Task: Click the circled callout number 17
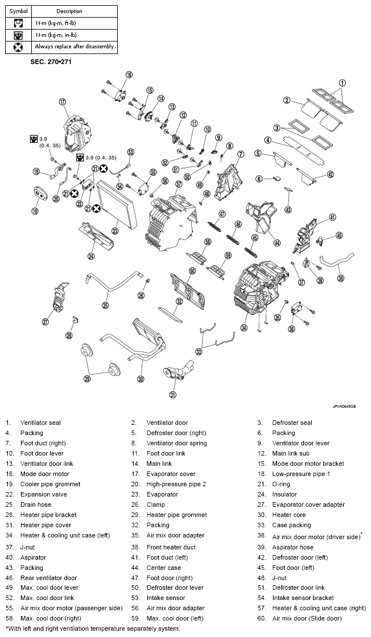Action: pyautogui.click(x=63, y=102)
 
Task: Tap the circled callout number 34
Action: pyautogui.click(x=244, y=327)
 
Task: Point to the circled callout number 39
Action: pyautogui.click(x=341, y=278)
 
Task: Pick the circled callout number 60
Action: pyautogui.click(x=192, y=271)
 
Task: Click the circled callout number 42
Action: pyautogui.click(x=331, y=175)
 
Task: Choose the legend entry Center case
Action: pyautogui.click(x=164, y=567)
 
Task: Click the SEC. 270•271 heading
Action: pyautogui.click(x=51, y=61)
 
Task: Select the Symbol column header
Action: pyautogui.click(x=18, y=11)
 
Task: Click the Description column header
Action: pyautogui.click(x=69, y=11)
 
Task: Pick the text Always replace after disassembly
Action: pyautogui.click(x=75, y=47)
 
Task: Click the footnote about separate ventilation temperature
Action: pyautogui.click(x=93, y=628)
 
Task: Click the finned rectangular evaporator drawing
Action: pyautogui.click(x=116, y=203)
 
